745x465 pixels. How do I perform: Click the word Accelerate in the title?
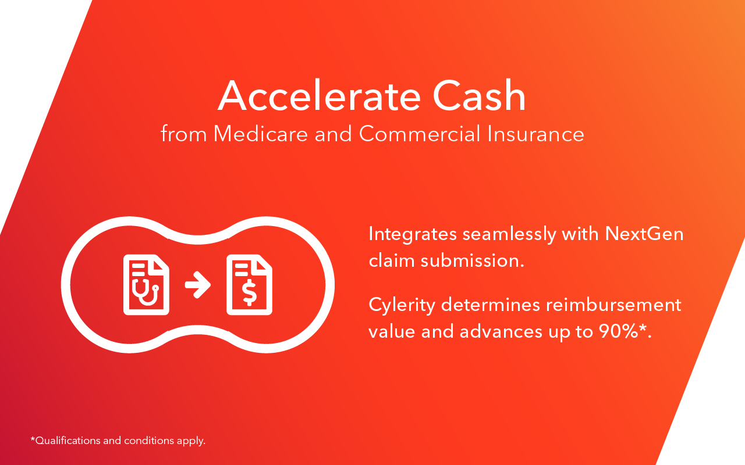coord(320,96)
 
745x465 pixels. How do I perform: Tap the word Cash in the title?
coord(479,96)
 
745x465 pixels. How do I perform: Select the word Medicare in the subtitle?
coord(260,134)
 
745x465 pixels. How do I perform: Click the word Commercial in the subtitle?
coord(420,134)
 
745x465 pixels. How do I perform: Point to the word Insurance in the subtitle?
coord(536,134)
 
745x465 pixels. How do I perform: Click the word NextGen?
coord(644,234)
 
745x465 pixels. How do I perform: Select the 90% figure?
coord(618,331)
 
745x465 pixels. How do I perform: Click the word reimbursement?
coord(613,305)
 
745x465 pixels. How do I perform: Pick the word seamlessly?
coord(509,234)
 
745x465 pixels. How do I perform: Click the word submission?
coord(472,260)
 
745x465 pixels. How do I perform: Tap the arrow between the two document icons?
coord(197,285)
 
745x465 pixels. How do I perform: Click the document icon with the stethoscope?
coord(146,285)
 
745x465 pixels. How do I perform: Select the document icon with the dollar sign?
coord(250,285)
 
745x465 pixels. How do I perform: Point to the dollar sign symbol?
coord(250,292)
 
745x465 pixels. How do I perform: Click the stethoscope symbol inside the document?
coord(146,292)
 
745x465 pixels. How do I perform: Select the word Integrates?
coord(413,234)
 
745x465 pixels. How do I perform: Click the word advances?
coord(501,331)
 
